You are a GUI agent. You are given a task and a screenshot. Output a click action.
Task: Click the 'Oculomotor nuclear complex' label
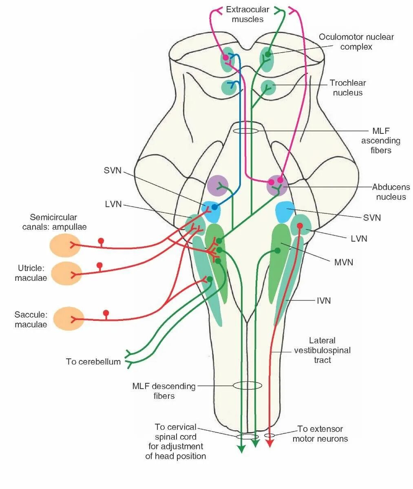tap(356, 42)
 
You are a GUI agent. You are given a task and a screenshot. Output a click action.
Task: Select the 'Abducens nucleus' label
tap(391, 192)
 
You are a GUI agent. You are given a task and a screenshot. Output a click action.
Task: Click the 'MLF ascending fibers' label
tap(381, 140)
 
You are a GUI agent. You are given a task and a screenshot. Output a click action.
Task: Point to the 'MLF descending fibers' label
tap(164, 391)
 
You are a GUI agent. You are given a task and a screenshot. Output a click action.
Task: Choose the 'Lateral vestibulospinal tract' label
tap(322, 350)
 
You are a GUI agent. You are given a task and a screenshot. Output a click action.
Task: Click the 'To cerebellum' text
tap(93, 362)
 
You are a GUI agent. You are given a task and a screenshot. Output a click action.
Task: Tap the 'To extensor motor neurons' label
tap(320, 433)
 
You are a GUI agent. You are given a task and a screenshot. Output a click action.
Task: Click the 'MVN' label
tap(344, 262)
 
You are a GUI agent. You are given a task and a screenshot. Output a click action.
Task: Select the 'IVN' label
tap(324, 301)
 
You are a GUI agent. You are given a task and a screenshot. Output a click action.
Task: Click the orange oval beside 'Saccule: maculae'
tap(69, 319)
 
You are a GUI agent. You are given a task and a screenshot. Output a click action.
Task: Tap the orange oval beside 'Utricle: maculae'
tap(66, 273)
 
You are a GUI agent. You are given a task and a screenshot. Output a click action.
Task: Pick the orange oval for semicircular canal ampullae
tap(65, 246)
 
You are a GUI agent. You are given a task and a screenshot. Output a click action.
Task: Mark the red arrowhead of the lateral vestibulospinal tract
tap(269, 443)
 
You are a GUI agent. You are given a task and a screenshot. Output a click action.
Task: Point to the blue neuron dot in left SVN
tap(214, 207)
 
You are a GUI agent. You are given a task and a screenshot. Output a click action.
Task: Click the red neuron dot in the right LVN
tap(300, 226)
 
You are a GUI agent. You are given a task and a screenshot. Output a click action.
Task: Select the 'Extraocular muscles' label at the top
tap(247, 14)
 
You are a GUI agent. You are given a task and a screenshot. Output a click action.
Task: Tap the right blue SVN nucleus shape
tap(285, 211)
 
